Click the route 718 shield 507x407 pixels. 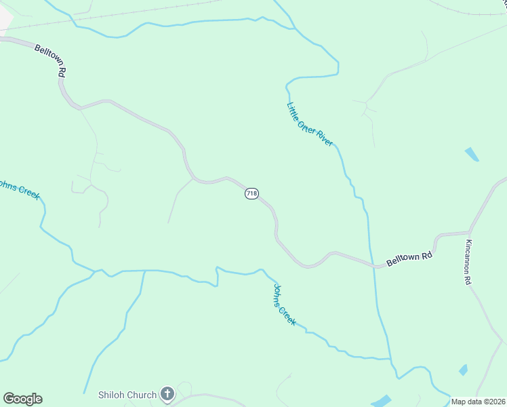(251, 194)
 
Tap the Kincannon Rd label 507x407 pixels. (468, 262)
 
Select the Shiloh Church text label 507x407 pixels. (127, 393)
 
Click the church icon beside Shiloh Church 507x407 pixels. (167, 393)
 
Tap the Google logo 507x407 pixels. (22, 399)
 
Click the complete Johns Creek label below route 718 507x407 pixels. (284, 303)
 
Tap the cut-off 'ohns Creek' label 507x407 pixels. (20, 189)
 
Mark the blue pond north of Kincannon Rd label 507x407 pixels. (472, 154)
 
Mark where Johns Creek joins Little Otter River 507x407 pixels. (390, 358)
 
